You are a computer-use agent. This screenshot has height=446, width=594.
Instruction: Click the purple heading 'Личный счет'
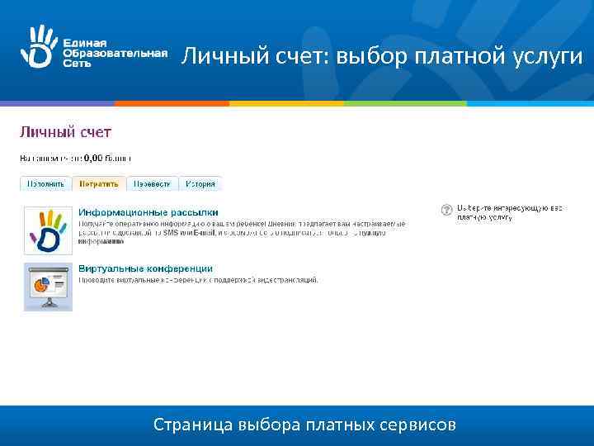pos(66,131)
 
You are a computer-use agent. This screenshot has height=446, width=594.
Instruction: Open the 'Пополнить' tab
pos(46,183)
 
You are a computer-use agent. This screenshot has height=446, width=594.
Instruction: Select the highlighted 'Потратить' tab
pos(98,183)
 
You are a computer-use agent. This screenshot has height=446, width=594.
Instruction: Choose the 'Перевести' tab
pos(153,183)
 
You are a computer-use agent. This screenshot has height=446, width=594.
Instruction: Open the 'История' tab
pos(200,183)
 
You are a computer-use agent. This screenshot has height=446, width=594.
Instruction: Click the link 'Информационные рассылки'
pos(148,212)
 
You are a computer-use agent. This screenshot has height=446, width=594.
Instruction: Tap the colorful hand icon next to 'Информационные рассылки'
pos(48,230)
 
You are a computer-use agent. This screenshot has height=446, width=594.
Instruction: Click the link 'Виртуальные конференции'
pos(146,268)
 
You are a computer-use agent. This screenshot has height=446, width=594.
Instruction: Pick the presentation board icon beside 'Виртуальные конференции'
pos(48,287)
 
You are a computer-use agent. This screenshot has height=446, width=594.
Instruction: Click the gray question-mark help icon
pos(446,211)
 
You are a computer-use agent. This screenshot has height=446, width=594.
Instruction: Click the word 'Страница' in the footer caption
pos(192,426)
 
